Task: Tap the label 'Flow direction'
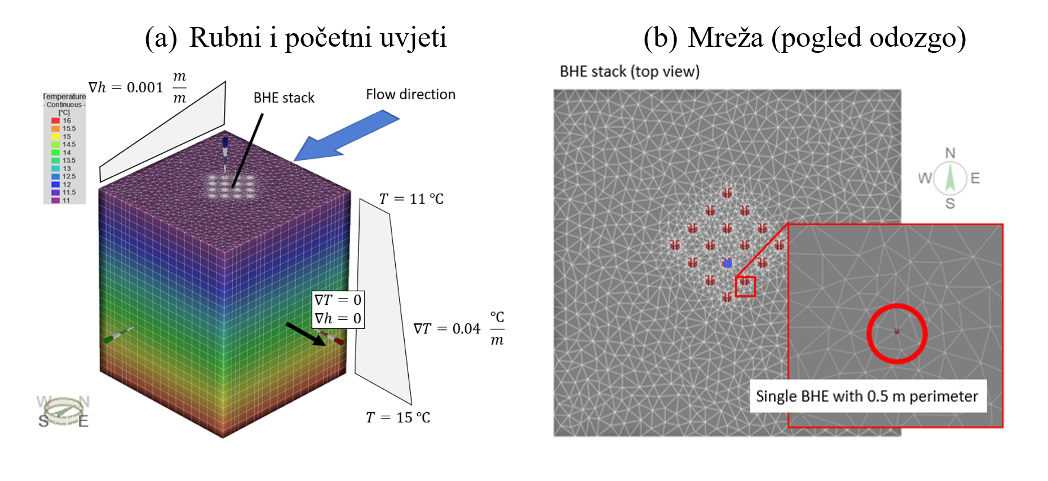point(410,95)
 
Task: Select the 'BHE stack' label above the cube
point(284,98)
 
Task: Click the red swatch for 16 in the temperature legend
point(55,121)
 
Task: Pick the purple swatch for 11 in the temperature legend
point(55,200)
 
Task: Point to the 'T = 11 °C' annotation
point(411,199)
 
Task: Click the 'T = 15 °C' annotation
point(397,417)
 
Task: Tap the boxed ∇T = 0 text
point(338,300)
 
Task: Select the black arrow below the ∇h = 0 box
point(305,333)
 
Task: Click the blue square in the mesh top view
point(728,263)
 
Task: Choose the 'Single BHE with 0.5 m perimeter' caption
point(867,397)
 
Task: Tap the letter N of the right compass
point(950,153)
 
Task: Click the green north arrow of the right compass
point(950,177)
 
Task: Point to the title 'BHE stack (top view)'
point(629,72)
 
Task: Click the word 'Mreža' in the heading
point(726,38)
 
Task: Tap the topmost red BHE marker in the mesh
point(727,193)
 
